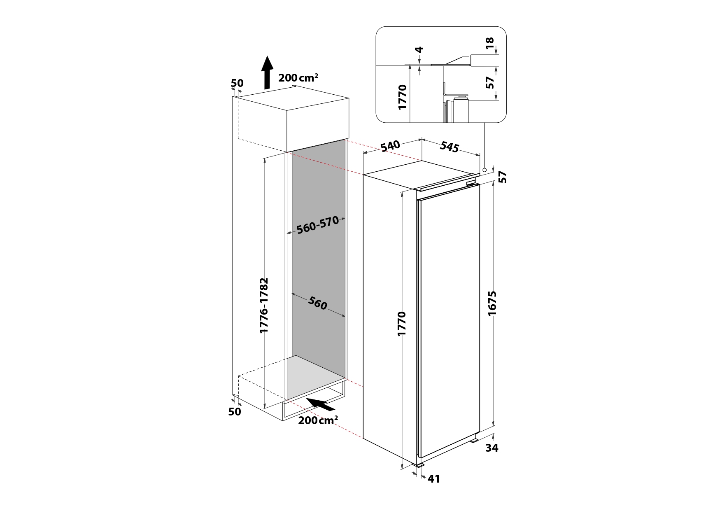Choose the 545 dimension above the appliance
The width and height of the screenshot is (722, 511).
coord(450,147)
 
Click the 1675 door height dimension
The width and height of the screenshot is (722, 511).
coord(492,303)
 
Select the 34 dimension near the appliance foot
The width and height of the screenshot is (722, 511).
coord(492,448)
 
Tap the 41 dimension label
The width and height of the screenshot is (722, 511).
coord(434,479)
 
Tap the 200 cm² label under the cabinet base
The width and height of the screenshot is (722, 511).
coord(318,420)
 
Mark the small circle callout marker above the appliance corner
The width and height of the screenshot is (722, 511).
coord(485,170)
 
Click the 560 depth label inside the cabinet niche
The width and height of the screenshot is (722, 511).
coord(318,304)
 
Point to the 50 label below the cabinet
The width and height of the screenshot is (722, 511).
coord(235,411)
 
